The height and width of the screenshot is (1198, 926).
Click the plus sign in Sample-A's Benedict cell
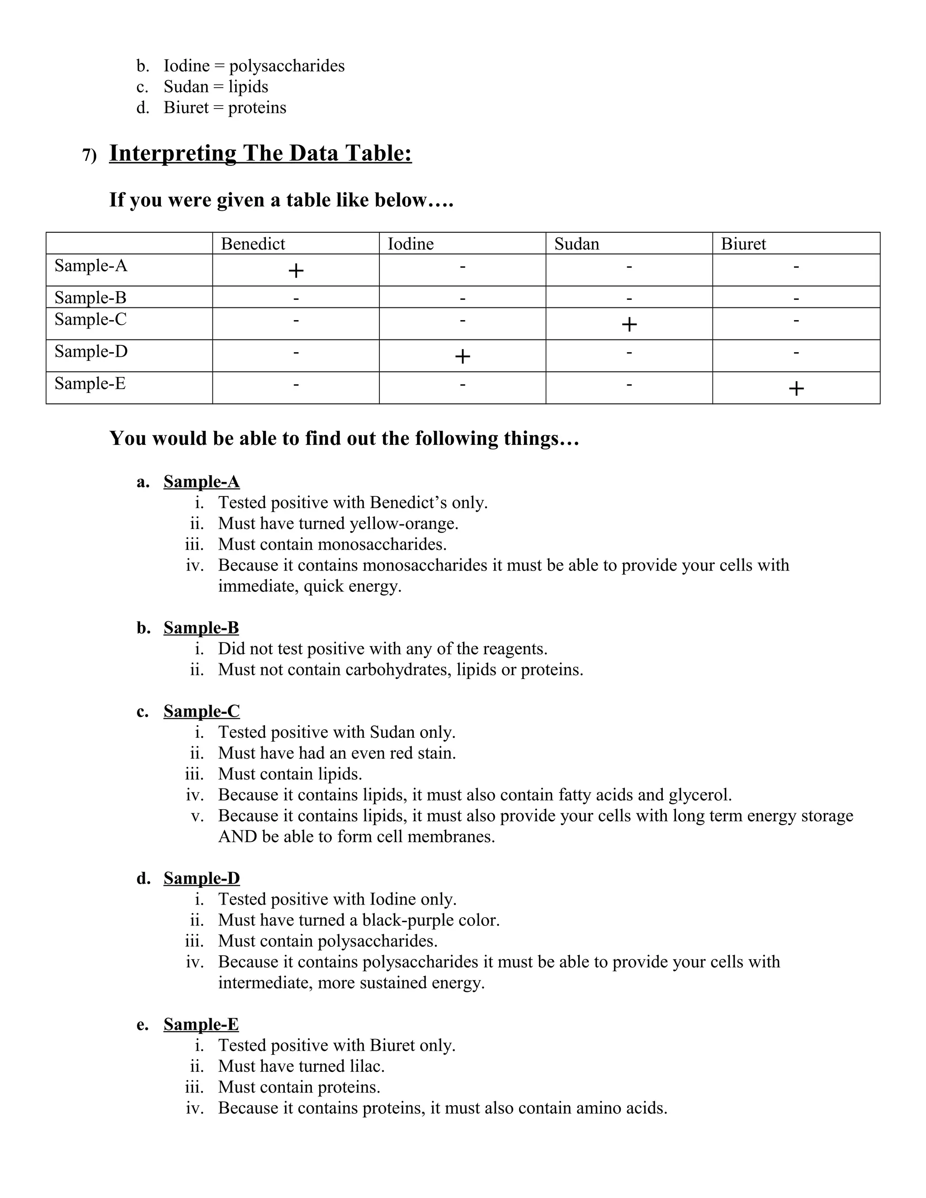click(296, 270)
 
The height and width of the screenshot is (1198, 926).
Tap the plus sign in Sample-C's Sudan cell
click(629, 325)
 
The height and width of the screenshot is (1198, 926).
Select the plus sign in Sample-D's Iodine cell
click(463, 357)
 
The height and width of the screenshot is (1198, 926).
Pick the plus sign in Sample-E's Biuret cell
click(796, 389)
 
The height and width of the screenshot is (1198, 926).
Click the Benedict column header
click(253, 244)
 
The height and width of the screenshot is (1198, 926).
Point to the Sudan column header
click(576, 244)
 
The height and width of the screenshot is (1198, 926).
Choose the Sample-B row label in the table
click(90, 298)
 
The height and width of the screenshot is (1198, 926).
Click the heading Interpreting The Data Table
click(260, 154)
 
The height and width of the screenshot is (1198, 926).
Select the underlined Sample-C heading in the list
click(201, 712)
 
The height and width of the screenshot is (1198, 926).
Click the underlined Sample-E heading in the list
click(201, 1024)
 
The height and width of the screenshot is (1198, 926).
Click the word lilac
click(366, 1066)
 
